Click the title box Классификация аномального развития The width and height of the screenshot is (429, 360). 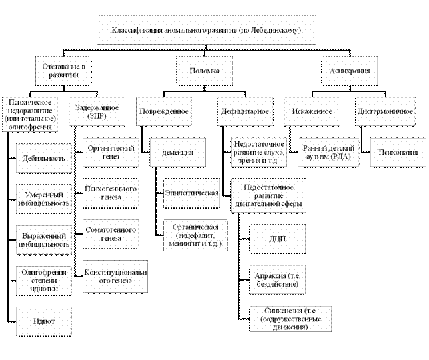tap(205, 31)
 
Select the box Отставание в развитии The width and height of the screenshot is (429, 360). tap(64, 71)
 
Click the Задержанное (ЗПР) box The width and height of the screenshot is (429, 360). tap(97, 111)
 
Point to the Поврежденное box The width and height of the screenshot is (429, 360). tap(163, 111)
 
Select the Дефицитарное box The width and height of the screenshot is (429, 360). tap(245, 111)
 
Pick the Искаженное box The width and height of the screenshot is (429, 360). tap(312, 111)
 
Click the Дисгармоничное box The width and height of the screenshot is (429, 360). tap(385, 111)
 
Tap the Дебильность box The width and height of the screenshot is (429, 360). tap(45, 158)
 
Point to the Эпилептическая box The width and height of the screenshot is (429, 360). tap(192, 193)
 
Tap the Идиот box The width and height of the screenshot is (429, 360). tap(45, 321)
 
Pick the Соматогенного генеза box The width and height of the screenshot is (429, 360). tap(111, 234)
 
